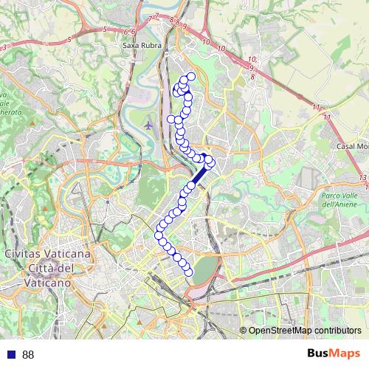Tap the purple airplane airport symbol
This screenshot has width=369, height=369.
(x=149, y=125)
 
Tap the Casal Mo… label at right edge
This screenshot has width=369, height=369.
(x=352, y=147)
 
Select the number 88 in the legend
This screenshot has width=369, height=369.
(x=28, y=355)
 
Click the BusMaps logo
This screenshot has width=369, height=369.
(x=334, y=354)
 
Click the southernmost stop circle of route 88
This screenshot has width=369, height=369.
(x=188, y=272)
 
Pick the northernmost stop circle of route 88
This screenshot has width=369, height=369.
(x=191, y=77)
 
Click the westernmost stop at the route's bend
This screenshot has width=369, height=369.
(x=159, y=236)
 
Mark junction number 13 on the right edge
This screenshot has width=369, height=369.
(x=363, y=178)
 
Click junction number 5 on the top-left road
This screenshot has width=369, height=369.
(x=106, y=29)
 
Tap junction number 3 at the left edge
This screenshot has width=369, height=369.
(x=4, y=47)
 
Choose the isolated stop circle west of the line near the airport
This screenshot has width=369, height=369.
(x=172, y=119)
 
